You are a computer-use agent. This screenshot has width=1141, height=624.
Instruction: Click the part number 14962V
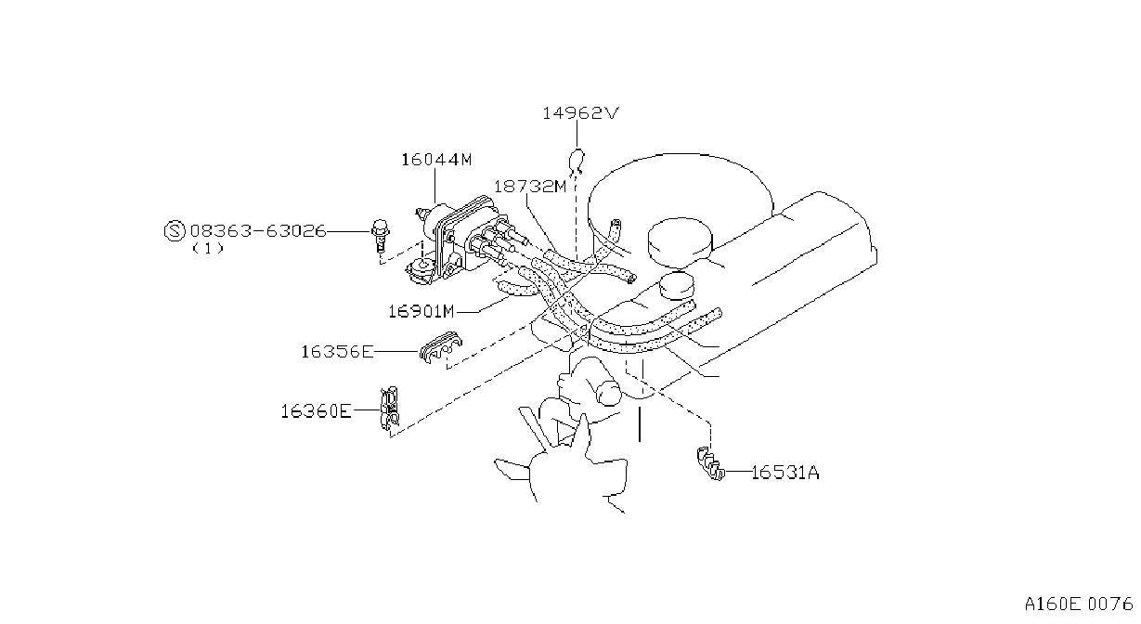580,113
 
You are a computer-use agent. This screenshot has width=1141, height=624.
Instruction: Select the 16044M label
436,160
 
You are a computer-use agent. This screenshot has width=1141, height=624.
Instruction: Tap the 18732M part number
530,187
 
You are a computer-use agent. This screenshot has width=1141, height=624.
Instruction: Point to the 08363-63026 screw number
258,231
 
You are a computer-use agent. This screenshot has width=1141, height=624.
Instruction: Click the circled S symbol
175,231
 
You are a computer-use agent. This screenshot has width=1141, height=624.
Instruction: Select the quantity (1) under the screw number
208,249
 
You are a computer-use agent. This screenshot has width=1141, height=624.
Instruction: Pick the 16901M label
421,311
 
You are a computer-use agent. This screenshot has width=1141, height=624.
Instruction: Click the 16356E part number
337,352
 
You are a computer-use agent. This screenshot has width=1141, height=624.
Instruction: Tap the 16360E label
316,410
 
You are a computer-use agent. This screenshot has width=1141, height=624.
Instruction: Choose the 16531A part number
784,473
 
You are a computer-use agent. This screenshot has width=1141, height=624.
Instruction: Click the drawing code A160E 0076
1079,604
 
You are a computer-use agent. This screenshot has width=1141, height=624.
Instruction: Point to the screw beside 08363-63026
380,235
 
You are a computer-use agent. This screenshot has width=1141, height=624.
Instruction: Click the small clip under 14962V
577,161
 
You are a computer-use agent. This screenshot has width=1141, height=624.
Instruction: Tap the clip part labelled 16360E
390,408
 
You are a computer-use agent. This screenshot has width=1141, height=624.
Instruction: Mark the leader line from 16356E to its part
395,352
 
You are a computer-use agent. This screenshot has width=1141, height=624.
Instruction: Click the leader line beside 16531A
738,473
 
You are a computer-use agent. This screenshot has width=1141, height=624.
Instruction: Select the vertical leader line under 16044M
435,186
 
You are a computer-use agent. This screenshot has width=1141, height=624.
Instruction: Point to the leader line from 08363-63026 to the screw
349,231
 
